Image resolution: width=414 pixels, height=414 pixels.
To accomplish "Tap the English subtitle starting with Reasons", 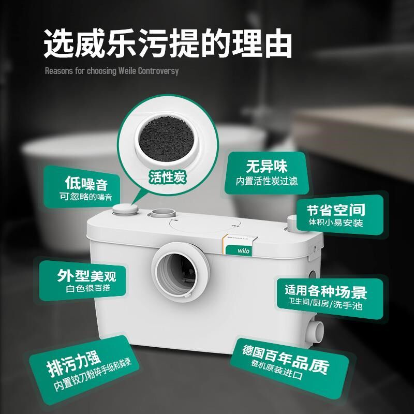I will click(x=112, y=70).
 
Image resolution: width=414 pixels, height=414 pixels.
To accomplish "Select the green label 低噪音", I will click(x=86, y=183).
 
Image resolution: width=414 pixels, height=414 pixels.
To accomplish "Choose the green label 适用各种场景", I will click(x=326, y=291).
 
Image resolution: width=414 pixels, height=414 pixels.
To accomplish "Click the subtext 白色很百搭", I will click(x=87, y=287).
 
